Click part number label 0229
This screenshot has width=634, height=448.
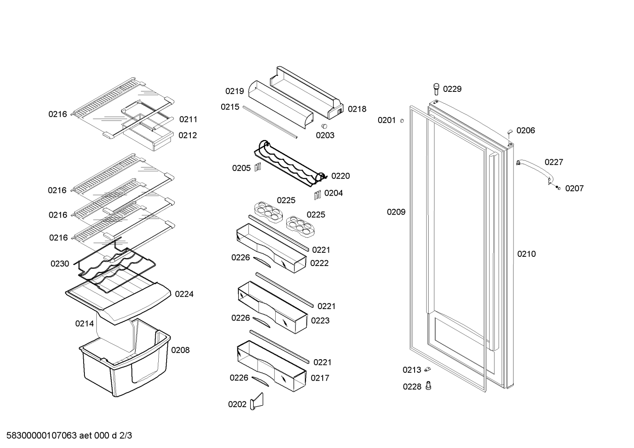(452, 89)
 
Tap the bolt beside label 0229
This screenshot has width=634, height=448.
(436, 89)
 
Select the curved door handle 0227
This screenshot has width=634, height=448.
(534, 171)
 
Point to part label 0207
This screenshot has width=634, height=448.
(574, 189)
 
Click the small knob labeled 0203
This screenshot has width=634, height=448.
(324, 126)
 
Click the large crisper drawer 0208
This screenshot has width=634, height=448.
(125, 358)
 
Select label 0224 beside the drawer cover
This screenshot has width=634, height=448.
(184, 294)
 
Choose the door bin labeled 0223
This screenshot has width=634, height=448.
(273, 307)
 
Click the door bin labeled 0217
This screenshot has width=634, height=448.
(271, 366)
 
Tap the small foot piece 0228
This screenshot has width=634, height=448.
(428, 386)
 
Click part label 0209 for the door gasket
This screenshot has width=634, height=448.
(396, 212)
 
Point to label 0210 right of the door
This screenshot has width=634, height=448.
(526, 254)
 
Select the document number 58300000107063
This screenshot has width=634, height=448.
(42, 436)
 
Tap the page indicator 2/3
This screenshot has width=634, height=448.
(125, 436)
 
